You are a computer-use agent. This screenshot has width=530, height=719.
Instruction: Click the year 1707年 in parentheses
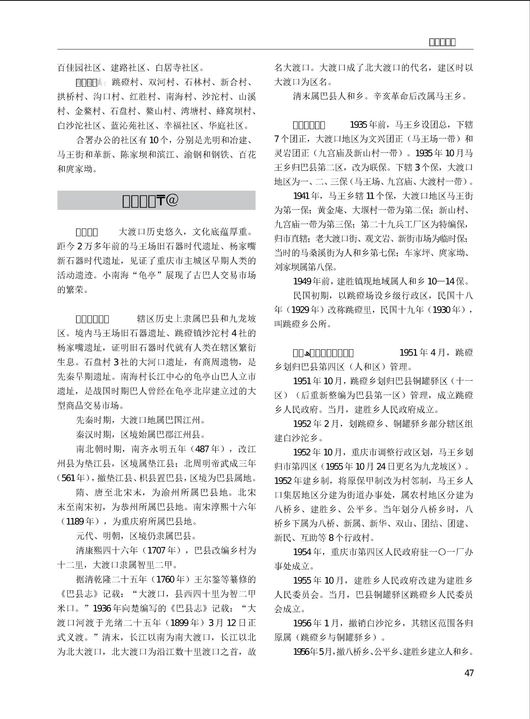tap(161, 550)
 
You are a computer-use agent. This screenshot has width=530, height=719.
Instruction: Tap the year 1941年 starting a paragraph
tap(303, 196)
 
